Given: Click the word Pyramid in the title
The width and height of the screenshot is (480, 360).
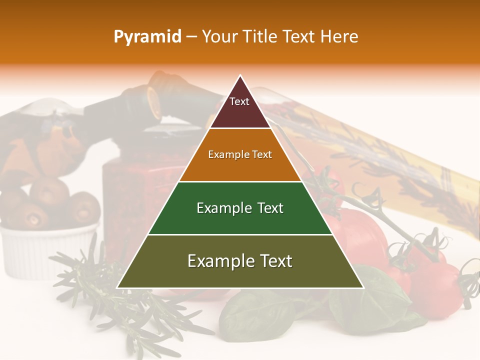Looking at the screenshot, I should pyautogui.click(x=147, y=37).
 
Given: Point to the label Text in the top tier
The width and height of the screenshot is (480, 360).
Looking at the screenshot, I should pyautogui.click(x=239, y=101).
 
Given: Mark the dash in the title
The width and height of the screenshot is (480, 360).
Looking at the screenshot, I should pyautogui.click(x=191, y=37).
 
